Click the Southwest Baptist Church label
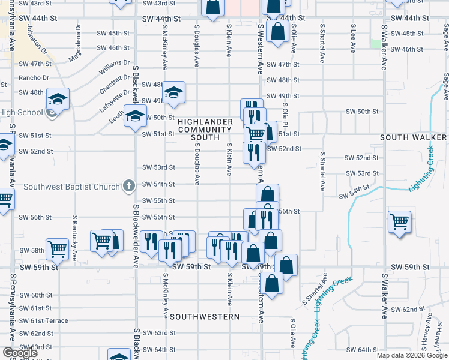pyautogui.click(x=71, y=187)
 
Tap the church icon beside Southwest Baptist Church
pyautogui.click(x=128, y=187)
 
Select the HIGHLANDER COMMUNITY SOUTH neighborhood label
pyautogui.click(x=205, y=129)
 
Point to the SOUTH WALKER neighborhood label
pyautogui.click(x=413, y=137)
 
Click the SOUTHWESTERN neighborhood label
pyautogui.click(x=205, y=316)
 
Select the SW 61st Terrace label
pyautogui.click(x=43, y=320)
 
